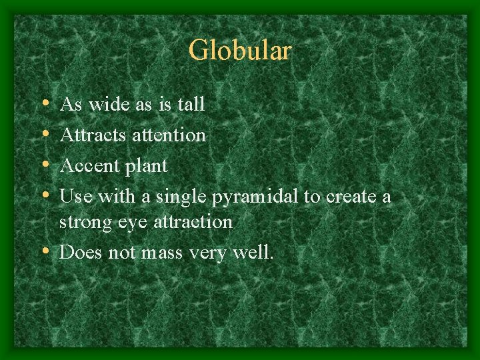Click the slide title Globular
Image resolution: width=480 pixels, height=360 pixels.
coord(240,51)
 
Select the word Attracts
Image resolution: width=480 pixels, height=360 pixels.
coord(85,135)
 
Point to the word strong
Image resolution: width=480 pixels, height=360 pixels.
coord(83,222)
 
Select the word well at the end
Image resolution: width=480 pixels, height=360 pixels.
coord(253,252)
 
